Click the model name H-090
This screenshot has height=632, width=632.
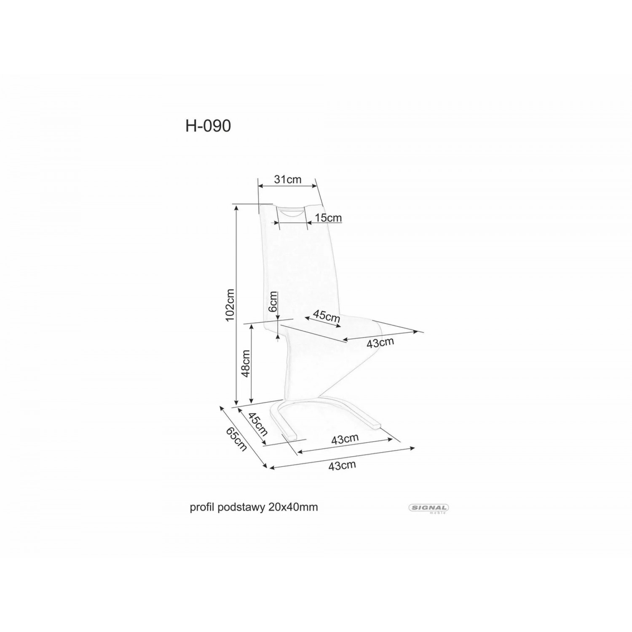(208, 126)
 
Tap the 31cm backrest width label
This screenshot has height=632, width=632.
(288, 179)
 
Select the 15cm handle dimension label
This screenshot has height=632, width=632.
(328, 218)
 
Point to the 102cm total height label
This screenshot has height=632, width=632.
(230, 305)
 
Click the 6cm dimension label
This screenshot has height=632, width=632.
(273, 302)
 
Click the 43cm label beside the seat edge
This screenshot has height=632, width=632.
(380, 342)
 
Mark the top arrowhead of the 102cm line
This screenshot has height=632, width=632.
(237, 208)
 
